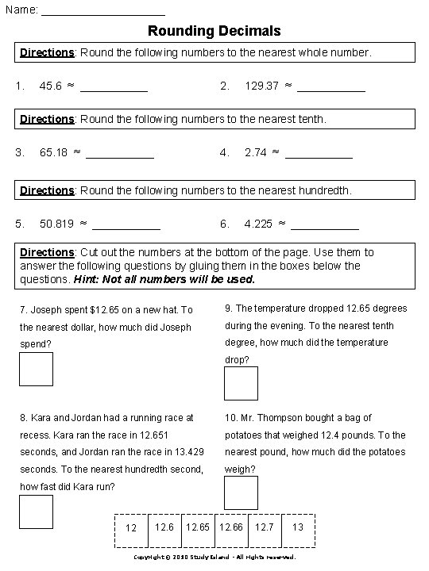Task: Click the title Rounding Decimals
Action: click(214, 32)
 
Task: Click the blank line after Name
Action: click(102, 13)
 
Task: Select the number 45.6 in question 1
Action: click(50, 86)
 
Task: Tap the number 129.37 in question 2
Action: click(261, 86)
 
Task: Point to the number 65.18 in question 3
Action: click(53, 152)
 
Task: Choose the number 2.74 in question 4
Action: click(255, 152)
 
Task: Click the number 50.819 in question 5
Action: click(56, 224)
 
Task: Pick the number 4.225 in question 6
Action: click(258, 224)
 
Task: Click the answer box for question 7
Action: click(36, 369)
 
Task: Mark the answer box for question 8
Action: click(36, 512)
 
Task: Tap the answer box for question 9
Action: click(241, 383)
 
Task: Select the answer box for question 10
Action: click(241, 492)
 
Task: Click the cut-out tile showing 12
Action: click(132, 528)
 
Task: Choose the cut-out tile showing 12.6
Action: click(164, 527)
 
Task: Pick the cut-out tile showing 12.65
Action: click(198, 527)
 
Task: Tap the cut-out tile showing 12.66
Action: click(231, 527)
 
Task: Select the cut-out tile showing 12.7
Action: click(265, 527)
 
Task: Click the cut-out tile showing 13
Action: click(298, 527)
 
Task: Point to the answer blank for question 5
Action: click(126, 227)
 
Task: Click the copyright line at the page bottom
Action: click(214, 558)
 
